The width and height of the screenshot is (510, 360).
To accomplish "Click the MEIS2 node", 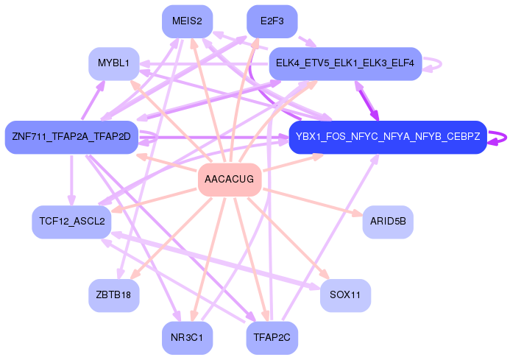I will pos(187,21).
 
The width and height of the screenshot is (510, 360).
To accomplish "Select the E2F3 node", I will pos(272,21).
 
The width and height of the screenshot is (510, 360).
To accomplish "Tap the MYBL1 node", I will pos(113,63).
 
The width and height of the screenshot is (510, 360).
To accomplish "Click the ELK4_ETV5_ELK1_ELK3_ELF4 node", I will pos(345,63).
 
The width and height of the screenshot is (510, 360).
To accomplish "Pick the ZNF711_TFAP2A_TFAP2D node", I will pos(71,137).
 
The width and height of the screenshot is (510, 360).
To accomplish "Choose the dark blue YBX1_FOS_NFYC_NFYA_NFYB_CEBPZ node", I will pos(388,137).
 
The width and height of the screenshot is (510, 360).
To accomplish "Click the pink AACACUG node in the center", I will pos(230,180).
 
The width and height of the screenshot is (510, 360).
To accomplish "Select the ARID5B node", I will pos(388,222).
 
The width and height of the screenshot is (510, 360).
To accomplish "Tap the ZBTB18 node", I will pos(113,295).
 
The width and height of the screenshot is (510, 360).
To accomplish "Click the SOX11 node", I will pos(345,295).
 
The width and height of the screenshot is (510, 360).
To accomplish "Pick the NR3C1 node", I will pos(187,338).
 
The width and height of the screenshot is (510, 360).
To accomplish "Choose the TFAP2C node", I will pos(272,338).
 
